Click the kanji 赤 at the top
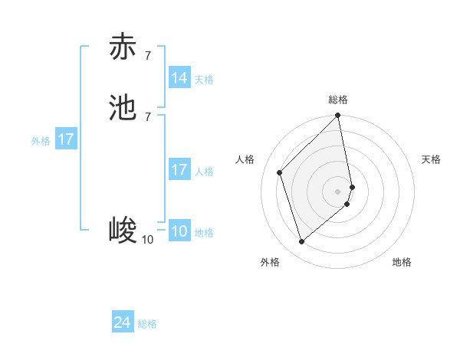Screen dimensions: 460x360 pos(123,47)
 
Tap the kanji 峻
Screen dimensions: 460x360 pos(123,229)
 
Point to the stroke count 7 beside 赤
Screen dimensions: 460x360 pos(147,55)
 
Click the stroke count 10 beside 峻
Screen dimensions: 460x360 pos(147,240)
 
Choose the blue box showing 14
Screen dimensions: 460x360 pos(179,78)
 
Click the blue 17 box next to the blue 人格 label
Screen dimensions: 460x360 pos(179,170)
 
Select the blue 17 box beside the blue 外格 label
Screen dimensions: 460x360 pos(66,139)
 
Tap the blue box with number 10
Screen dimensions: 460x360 pos(179,231)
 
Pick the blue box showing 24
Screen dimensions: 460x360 pos(123,323)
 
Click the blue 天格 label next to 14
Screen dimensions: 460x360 pos(204,80)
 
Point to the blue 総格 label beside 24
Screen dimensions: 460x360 pos(147,325)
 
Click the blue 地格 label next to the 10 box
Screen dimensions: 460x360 pos(204,233)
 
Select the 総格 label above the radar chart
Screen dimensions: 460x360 pos(338,100)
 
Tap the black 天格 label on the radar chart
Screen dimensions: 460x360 pos(431,159)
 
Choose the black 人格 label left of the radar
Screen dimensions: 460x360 pos(245,159)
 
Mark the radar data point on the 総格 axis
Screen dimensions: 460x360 pos(338,116)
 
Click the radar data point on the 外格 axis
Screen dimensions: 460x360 pos(301,242)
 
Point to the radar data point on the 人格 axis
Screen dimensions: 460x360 pos(280,172)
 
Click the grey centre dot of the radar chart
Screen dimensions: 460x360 pos(338,191)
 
